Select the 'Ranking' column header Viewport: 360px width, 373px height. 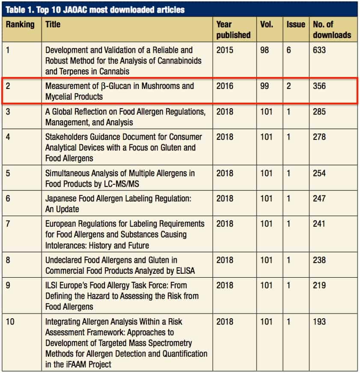tap(20, 25)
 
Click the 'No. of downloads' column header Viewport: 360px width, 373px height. tap(332, 30)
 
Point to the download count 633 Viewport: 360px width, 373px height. tap(319, 50)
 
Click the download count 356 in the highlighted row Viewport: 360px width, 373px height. tap(319, 86)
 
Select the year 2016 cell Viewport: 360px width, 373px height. tap(225, 86)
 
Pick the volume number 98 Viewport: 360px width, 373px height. tap(265, 50)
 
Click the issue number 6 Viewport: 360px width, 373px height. tap(289, 50)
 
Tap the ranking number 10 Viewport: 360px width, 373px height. tap(10, 321)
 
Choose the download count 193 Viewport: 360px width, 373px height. tap(319, 321)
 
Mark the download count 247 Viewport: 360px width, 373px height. tap(319, 198)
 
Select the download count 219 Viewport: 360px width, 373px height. tap(319, 285)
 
